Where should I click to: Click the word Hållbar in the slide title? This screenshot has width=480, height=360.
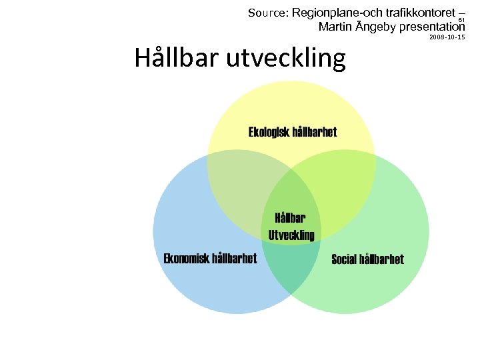coord(177,58)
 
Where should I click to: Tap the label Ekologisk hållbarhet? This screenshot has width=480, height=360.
coord(293,132)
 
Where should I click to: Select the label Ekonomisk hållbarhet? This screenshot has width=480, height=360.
coord(210,259)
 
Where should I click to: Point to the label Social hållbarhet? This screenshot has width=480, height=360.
coord(367,259)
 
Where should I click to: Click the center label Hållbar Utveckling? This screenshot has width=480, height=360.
coord(291,226)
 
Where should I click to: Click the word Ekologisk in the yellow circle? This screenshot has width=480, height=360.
coord(269,132)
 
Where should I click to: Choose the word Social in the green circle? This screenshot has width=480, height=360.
coord(344,259)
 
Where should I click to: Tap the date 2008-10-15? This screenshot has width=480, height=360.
coord(447,38)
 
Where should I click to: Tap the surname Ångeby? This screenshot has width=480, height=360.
coord(377,27)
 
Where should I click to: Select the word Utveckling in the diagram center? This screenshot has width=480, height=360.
coord(291,235)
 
